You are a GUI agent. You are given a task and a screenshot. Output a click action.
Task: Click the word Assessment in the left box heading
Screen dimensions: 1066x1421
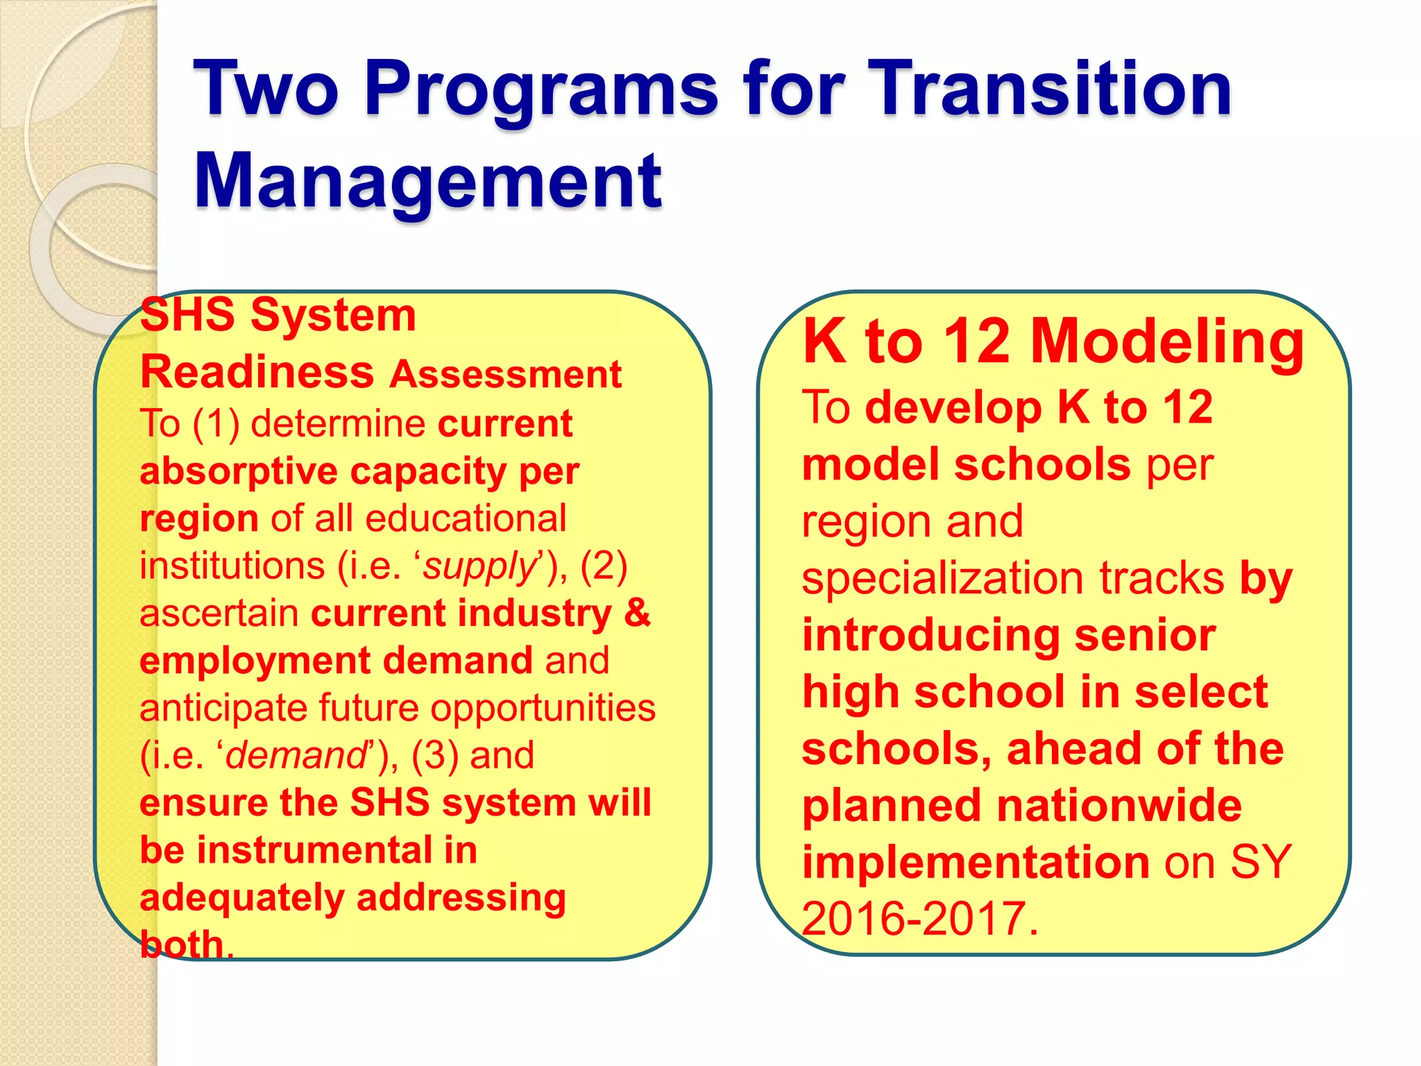pyautogui.click(x=505, y=375)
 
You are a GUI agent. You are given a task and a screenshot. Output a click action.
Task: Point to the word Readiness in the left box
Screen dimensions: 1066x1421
pyautogui.click(x=257, y=372)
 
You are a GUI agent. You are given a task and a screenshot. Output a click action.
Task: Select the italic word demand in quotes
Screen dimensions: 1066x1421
pyautogui.click(x=297, y=756)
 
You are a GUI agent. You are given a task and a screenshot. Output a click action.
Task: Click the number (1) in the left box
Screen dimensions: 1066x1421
pyautogui.click(x=216, y=424)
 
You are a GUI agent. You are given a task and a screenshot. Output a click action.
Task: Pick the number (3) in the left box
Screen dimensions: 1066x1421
pyautogui.click(x=434, y=756)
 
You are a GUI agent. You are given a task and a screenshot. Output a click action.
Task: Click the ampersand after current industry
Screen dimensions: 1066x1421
pyautogui.click(x=637, y=614)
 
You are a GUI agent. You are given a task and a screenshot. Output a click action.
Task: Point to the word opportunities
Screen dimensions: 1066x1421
pyautogui.click(x=543, y=709)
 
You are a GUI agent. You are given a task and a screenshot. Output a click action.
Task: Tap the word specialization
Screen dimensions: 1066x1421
pyautogui.click(x=944, y=579)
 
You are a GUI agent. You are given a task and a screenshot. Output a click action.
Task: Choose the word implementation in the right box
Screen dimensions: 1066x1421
pyautogui.click(x=976, y=863)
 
